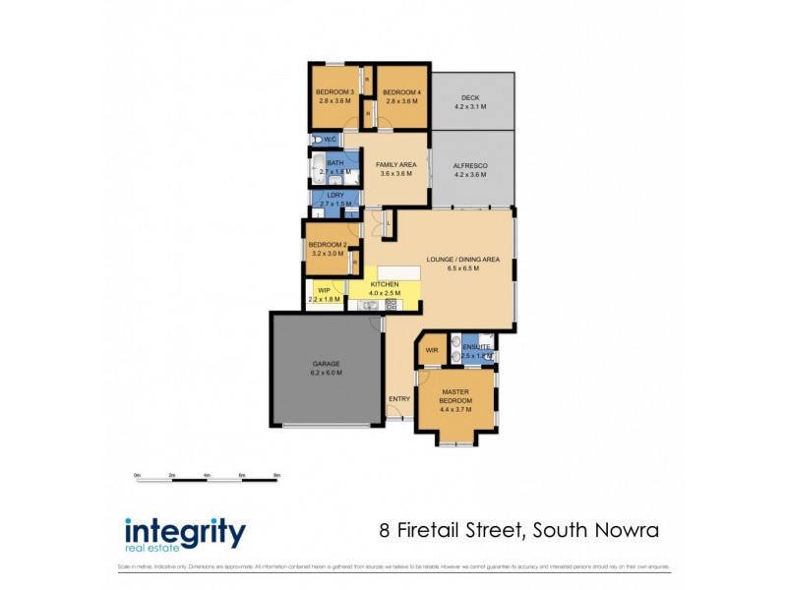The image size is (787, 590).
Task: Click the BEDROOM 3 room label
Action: tap(334, 91)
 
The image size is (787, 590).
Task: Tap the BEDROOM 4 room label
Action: tap(401, 91)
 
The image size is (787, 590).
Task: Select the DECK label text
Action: tap(469, 97)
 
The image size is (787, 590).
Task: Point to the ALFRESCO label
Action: tap(470, 166)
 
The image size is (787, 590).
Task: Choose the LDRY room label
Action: tap(334, 195)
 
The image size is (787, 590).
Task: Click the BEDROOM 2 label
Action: tap(327, 244)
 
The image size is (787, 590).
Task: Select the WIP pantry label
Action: tap(323, 290)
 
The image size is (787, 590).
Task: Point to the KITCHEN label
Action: tap(384, 284)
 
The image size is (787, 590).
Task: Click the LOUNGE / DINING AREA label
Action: tap(463, 260)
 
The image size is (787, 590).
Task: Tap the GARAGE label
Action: tap(326, 364)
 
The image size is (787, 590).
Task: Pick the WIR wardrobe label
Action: tap(431, 349)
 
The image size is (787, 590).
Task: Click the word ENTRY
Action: tap(398, 398)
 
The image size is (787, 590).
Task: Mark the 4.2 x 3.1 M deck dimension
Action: tap(469, 106)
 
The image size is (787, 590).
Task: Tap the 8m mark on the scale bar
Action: tap(276, 475)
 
